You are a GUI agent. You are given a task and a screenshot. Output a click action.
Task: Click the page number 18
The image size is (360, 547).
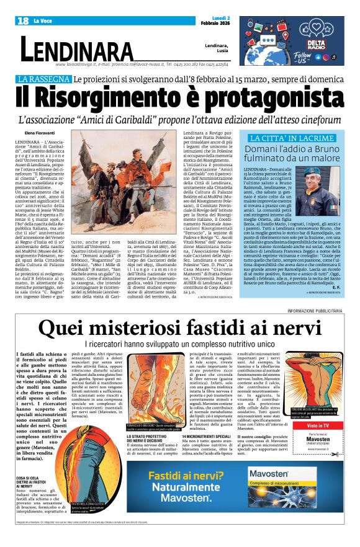(x=23, y=21)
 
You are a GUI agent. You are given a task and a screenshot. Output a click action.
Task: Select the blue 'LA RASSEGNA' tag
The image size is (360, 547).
(x=44, y=79)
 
